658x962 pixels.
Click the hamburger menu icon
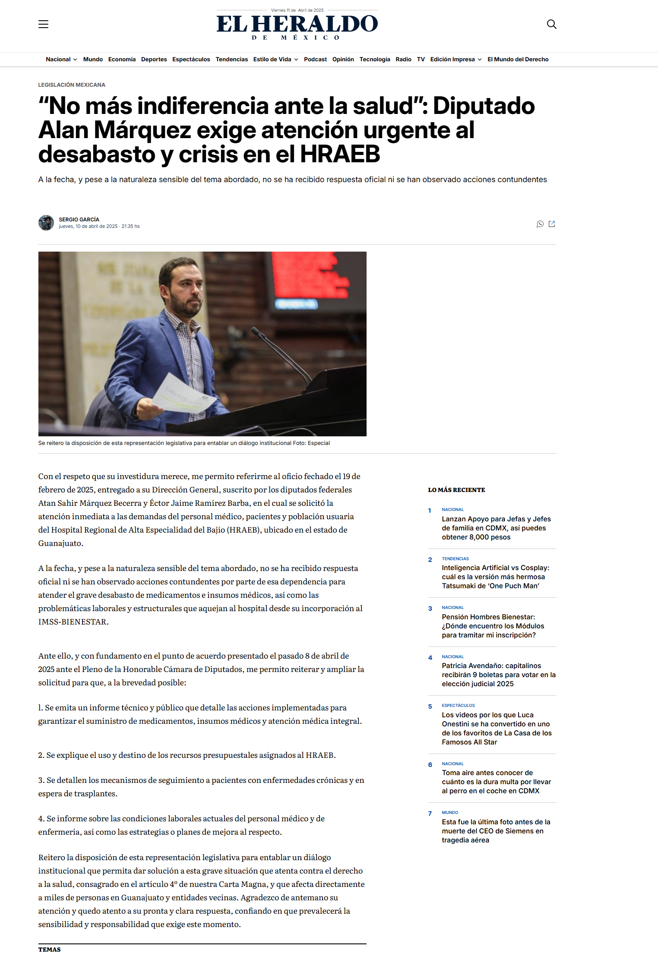tap(43, 24)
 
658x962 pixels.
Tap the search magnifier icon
tap(551, 24)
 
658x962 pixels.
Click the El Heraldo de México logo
tap(297, 25)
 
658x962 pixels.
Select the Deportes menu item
tap(154, 60)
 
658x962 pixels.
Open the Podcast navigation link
tap(315, 60)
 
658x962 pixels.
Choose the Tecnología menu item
tap(374, 60)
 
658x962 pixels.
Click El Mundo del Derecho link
tap(518, 60)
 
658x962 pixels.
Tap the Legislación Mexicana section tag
tap(72, 85)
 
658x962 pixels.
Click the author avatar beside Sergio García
tap(46, 223)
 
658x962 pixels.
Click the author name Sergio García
tap(79, 220)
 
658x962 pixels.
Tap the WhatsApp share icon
tap(540, 224)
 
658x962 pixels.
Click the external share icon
tap(552, 224)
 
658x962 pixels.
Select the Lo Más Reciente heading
tap(456, 490)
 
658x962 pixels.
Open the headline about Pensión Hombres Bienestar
tap(493, 626)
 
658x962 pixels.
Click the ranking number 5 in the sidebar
tap(430, 707)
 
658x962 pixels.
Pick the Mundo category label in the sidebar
tap(450, 812)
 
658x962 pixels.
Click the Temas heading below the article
tap(49, 949)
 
